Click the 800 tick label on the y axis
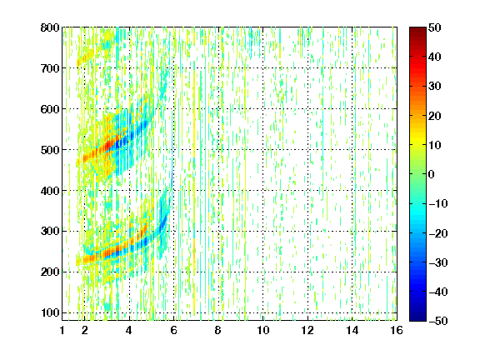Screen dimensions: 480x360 point(50,27)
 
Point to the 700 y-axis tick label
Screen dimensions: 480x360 point(50,68)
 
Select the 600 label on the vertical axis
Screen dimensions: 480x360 point(50,109)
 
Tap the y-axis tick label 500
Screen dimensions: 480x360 point(50,150)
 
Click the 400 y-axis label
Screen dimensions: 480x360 point(50,191)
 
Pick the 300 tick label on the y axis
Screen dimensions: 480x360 point(50,232)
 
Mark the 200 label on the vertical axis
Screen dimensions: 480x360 point(50,272)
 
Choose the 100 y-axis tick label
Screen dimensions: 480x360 point(50,312)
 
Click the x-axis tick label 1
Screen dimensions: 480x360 point(62,330)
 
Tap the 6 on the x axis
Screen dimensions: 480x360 point(174,330)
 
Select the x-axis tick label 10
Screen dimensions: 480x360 point(263,330)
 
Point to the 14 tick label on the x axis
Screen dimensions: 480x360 point(352,330)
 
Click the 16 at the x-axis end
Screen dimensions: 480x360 point(397,330)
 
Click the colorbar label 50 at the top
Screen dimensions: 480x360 point(434,27)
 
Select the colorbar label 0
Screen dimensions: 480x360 point(432,174)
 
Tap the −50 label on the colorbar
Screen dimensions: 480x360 point(438,321)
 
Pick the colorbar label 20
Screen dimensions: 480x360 point(434,116)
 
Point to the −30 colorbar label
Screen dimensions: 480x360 point(438,262)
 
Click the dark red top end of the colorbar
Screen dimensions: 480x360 point(417,29)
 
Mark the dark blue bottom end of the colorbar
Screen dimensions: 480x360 point(417,319)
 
